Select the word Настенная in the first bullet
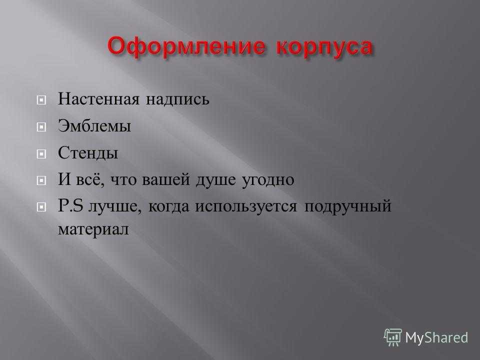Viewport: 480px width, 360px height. pos(98,99)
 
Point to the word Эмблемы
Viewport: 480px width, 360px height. pos(94,126)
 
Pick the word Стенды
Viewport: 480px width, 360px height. pos(88,153)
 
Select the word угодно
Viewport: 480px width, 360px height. pos(268,180)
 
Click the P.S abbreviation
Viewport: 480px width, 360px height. pos(70,205)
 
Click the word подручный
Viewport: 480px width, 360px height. pos(348,206)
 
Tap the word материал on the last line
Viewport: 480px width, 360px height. pos(93,229)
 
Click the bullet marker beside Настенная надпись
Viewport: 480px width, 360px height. pos(41,100)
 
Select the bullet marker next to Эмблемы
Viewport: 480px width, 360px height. pos(41,126)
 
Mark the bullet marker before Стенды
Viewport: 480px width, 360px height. pos(41,153)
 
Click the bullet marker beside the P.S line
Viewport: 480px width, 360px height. pos(41,207)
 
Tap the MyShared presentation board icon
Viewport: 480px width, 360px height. pos(393,337)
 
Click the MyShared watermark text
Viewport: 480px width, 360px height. pos(436,338)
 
